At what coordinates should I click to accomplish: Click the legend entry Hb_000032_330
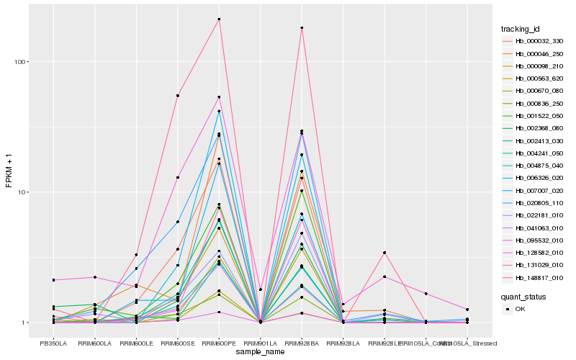pos(534,42)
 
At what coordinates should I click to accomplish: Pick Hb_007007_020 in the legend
pos(534,192)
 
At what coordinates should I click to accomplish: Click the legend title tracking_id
pos(521,29)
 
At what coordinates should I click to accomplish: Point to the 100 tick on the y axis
pos(19,62)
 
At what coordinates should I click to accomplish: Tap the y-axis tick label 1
pos(24,323)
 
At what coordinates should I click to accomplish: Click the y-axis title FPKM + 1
pos(9,170)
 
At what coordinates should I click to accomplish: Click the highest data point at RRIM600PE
pos(219,19)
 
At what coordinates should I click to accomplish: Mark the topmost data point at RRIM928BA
pos(302,28)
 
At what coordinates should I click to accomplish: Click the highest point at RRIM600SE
pos(177,96)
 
